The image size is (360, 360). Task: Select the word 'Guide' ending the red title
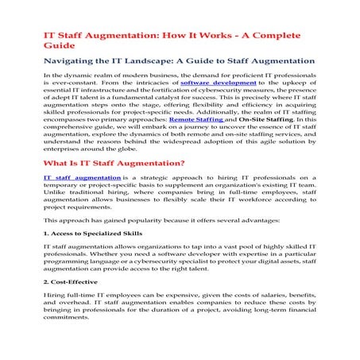click(x=59, y=46)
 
